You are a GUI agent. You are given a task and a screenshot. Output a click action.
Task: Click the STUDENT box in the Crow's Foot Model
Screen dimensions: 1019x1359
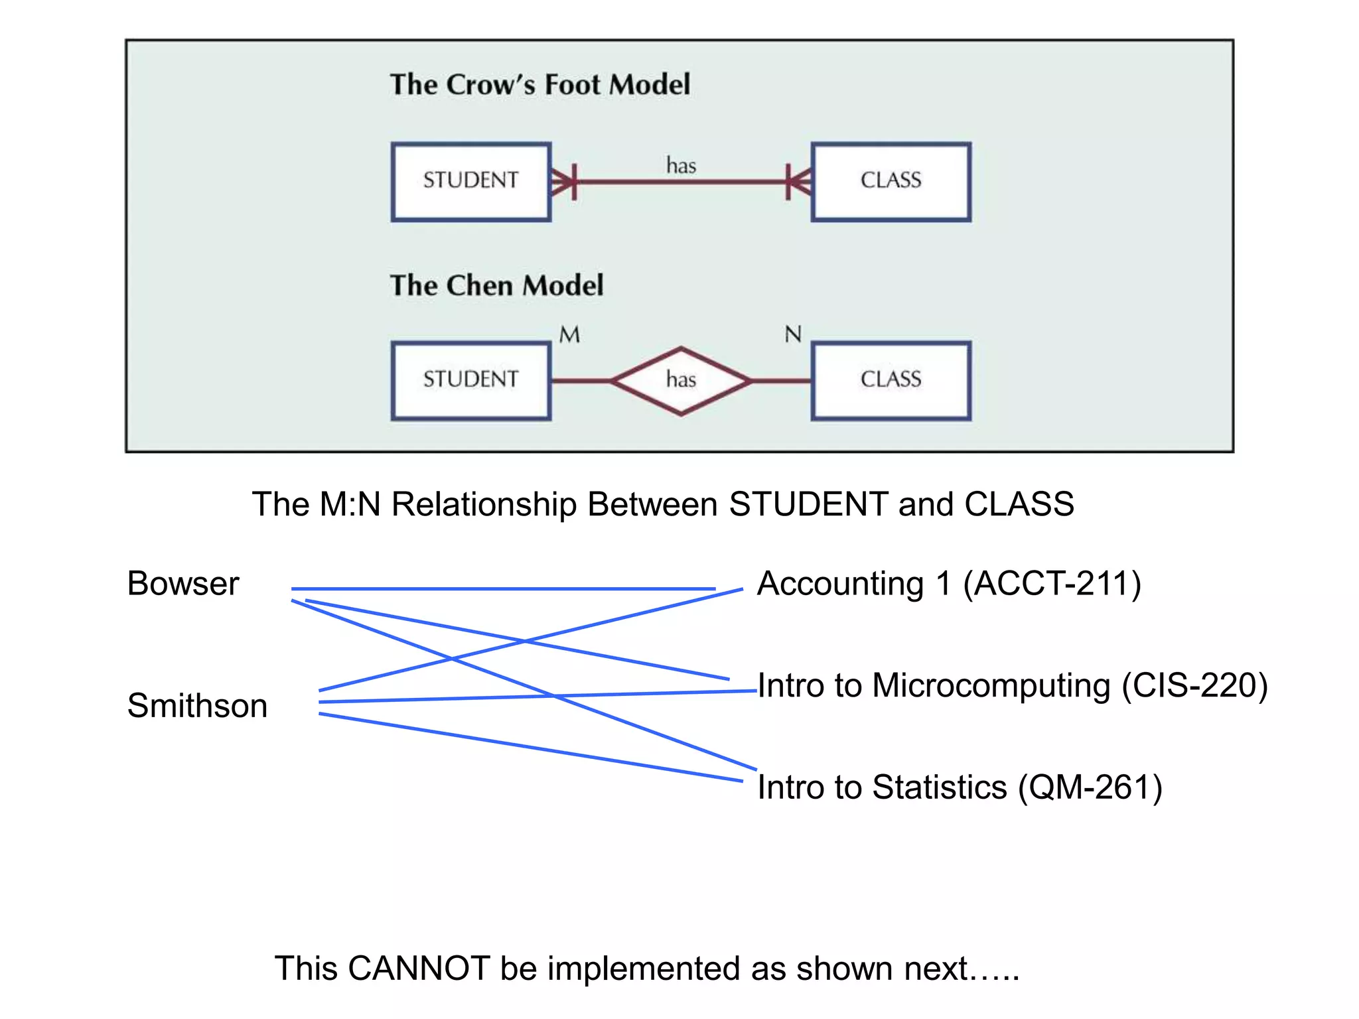pyautogui.click(x=470, y=181)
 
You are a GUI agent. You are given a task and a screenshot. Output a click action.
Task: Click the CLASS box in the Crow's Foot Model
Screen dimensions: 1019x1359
pyautogui.click(x=891, y=181)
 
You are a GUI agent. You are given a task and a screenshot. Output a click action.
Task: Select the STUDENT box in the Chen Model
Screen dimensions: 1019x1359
pyautogui.click(x=470, y=380)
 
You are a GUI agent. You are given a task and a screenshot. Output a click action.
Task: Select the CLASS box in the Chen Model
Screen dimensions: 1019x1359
pyautogui.click(x=891, y=380)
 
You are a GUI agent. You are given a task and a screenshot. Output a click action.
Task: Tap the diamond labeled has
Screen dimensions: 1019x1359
pyautogui.click(x=681, y=381)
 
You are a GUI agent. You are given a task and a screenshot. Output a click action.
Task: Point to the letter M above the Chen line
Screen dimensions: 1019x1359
pyautogui.click(x=569, y=335)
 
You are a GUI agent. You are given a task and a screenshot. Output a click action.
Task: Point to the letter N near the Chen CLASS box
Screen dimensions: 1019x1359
pyautogui.click(x=793, y=334)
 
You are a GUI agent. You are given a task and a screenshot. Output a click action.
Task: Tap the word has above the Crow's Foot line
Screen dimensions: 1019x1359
pyautogui.click(x=681, y=165)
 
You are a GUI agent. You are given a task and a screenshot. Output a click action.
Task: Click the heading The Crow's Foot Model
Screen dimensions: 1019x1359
pyautogui.click(x=539, y=85)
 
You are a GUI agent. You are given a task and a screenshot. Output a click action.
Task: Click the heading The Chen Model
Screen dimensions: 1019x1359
pyautogui.click(x=496, y=285)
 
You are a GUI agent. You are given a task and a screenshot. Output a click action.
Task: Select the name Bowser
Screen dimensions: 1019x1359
pyautogui.click(x=182, y=584)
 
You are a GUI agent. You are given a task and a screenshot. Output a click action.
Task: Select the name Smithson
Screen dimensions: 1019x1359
pyautogui.click(x=197, y=705)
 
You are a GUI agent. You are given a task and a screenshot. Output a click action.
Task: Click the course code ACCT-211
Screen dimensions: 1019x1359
pyautogui.click(x=1052, y=584)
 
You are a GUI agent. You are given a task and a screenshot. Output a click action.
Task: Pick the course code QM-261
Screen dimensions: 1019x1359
pyautogui.click(x=1090, y=787)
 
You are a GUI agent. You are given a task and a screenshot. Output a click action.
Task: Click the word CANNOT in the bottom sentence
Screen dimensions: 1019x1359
pyautogui.click(x=418, y=969)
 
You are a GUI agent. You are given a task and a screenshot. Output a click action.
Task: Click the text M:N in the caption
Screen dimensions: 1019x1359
pyautogui.click(x=350, y=504)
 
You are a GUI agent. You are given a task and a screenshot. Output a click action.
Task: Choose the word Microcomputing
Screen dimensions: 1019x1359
pyautogui.click(x=991, y=685)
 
